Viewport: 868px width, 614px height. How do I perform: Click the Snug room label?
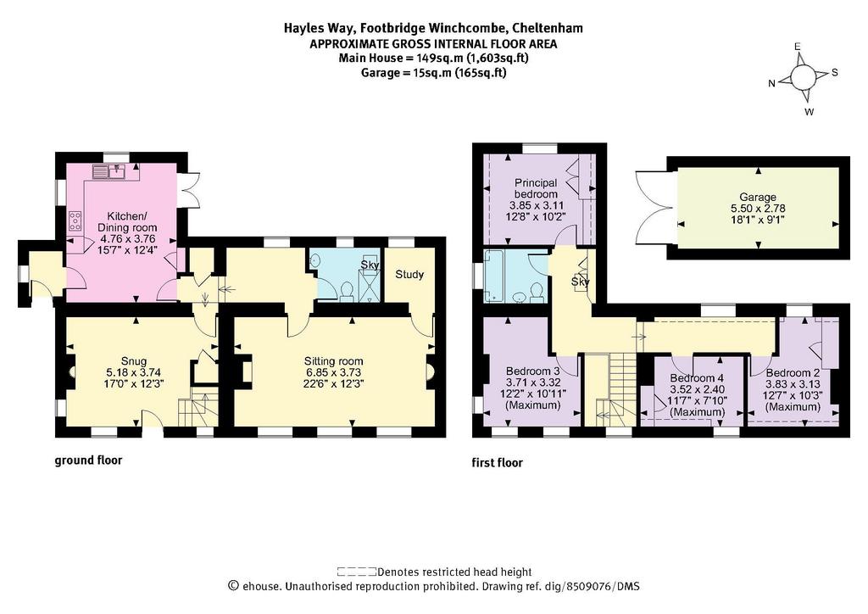click(x=135, y=361)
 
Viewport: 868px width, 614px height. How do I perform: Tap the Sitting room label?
click(x=333, y=361)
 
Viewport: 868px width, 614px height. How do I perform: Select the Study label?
click(x=409, y=275)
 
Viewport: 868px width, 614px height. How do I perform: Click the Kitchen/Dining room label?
click(x=127, y=221)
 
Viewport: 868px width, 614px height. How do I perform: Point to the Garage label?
click(x=758, y=197)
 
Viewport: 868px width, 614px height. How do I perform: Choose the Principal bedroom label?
click(x=536, y=188)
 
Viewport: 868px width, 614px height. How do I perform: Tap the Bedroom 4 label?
click(x=697, y=378)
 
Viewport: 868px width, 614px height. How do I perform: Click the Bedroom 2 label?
click(x=793, y=372)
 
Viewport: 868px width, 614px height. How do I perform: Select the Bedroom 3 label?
click(x=533, y=371)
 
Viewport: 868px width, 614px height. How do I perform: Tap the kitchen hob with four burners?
click(x=75, y=221)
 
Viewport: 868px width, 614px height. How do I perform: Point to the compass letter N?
click(x=771, y=84)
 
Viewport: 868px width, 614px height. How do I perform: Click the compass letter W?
click(x=810, y=112)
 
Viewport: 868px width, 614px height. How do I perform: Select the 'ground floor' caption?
click(x=88, y=460)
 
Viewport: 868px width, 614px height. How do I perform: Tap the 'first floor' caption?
click(x=497, y=462)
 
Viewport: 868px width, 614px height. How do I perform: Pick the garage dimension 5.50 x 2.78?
click(x=758, y=208)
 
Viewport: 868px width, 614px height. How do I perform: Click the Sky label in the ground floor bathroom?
click(x=370, y=265)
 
